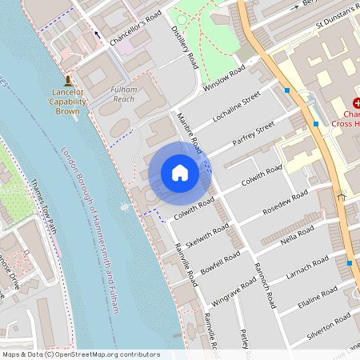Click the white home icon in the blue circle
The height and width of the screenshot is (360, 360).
pos(180,172)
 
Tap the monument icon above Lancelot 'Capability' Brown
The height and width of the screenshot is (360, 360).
pos(68,80)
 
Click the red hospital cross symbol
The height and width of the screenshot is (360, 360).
pos(356,103)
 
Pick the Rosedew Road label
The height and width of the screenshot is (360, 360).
pos(284,203)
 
